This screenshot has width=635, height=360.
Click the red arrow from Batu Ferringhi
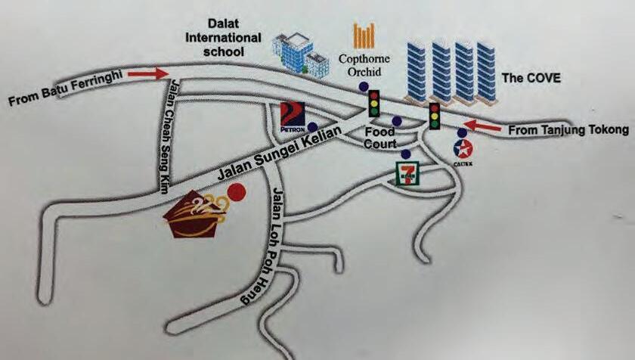tap(148, 74)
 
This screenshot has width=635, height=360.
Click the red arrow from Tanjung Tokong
tap(482, 126)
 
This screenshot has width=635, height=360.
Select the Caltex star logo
tap(463, 148)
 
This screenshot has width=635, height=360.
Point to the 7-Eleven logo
tap(407, 173)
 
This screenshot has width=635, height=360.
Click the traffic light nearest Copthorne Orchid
tap(373, 102)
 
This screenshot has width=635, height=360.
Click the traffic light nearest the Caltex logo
tap(435, 116)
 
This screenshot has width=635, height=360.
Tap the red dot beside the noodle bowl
tap(237, 192)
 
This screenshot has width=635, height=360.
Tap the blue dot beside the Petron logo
tap(312, 126)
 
